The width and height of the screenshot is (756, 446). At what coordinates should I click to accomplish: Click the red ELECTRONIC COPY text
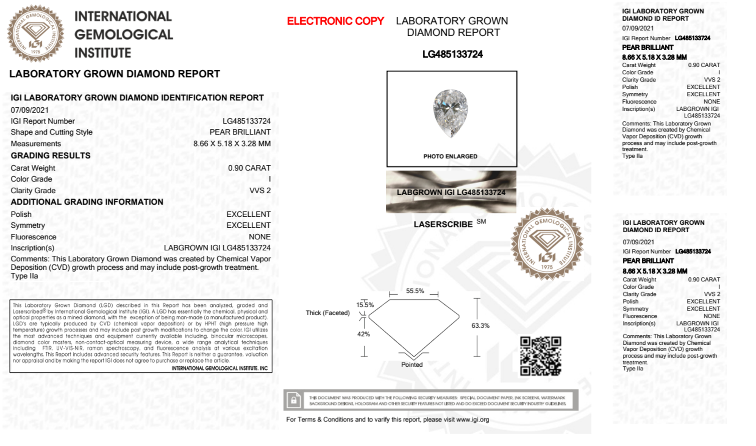point(335,21)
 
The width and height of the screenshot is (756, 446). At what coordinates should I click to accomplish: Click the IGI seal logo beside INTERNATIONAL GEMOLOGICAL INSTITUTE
point(36,34)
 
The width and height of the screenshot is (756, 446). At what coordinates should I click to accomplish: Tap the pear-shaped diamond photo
point(450,113)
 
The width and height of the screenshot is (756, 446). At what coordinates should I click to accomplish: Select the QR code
point(540,356)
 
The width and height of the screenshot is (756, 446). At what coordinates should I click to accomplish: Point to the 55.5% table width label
point(415,291)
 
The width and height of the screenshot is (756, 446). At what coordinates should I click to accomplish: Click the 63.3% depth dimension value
point(480,326)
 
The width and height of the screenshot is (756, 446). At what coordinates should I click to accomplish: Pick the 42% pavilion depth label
point(363,334)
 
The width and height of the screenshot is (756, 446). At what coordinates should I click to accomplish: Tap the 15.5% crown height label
point(365,305)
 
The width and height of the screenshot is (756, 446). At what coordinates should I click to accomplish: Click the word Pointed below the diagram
point(412,364)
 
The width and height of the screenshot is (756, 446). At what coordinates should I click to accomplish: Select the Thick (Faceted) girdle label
point(328,313)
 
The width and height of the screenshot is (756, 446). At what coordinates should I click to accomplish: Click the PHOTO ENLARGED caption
point(450,156)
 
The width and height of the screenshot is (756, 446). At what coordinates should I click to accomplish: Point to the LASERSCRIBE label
point(443,224)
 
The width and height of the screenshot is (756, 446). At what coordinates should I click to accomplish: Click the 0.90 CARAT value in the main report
point(249,168)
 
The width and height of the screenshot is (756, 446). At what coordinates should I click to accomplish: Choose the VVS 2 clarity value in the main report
point(260,191)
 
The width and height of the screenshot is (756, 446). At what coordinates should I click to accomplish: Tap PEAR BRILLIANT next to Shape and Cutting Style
point(240,132)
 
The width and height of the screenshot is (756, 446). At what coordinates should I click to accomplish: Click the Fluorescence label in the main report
point(34,237)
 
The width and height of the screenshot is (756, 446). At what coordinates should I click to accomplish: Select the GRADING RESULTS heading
point(51,156)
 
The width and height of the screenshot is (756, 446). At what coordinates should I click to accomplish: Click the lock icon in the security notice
point(294,400)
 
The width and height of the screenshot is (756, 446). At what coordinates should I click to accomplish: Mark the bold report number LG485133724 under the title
point(453,54)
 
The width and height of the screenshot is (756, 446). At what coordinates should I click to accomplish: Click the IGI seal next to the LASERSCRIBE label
point(547,244)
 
